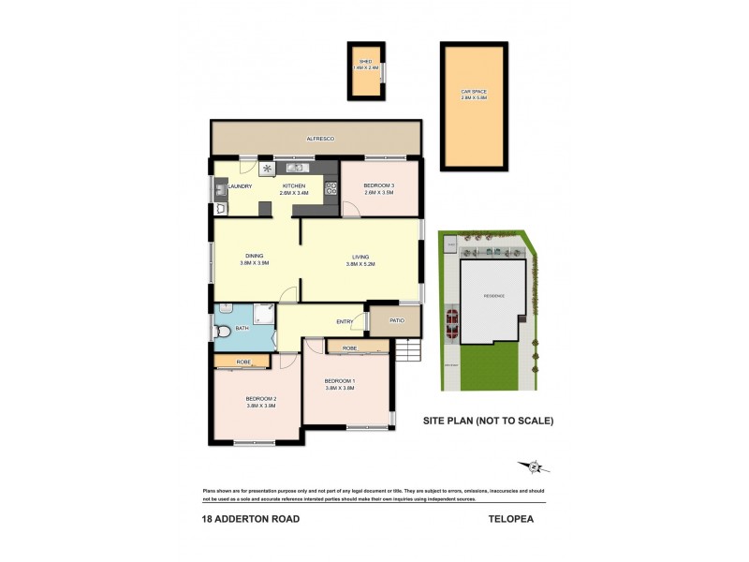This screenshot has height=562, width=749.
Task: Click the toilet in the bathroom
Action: click(222, 329)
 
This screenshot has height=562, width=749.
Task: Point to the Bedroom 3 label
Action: click(378, 185)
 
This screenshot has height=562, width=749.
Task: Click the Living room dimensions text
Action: click(360, 264)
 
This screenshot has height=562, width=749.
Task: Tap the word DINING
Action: click(254, 256)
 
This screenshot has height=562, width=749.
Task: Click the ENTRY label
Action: click(344, 322)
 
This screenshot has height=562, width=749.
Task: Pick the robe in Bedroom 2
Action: click(242, 361)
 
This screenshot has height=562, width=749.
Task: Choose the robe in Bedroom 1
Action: click(349, 348)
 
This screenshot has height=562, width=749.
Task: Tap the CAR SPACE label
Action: click(473, 91)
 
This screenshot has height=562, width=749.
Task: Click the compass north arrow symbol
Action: click(534, 466)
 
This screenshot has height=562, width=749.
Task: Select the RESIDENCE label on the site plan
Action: click(493, 295)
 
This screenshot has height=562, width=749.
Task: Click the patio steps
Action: click(407, 349)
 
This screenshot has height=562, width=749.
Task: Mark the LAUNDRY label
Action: click(240, 186)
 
